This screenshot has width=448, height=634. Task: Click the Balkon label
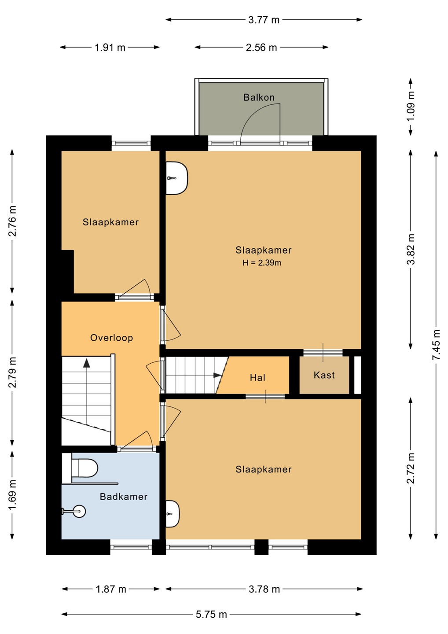click(259, 97)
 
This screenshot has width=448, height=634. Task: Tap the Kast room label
click(324, 375)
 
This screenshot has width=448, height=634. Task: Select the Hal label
click(257, 378)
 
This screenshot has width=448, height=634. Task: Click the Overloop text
click(111, 338)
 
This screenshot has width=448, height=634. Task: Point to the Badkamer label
click(124, 497)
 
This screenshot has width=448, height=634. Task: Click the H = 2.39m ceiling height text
click(261, 263)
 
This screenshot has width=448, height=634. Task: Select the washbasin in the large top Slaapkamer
click(176, 178)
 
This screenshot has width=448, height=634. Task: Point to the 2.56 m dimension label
click(261, 47)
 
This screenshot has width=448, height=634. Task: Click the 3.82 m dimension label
click(411, 249)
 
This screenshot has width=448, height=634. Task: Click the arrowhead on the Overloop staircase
click(86, 363)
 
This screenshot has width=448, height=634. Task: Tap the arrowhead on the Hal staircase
click(217, 375)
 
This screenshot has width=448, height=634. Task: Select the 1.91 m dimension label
click(110, 47)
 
